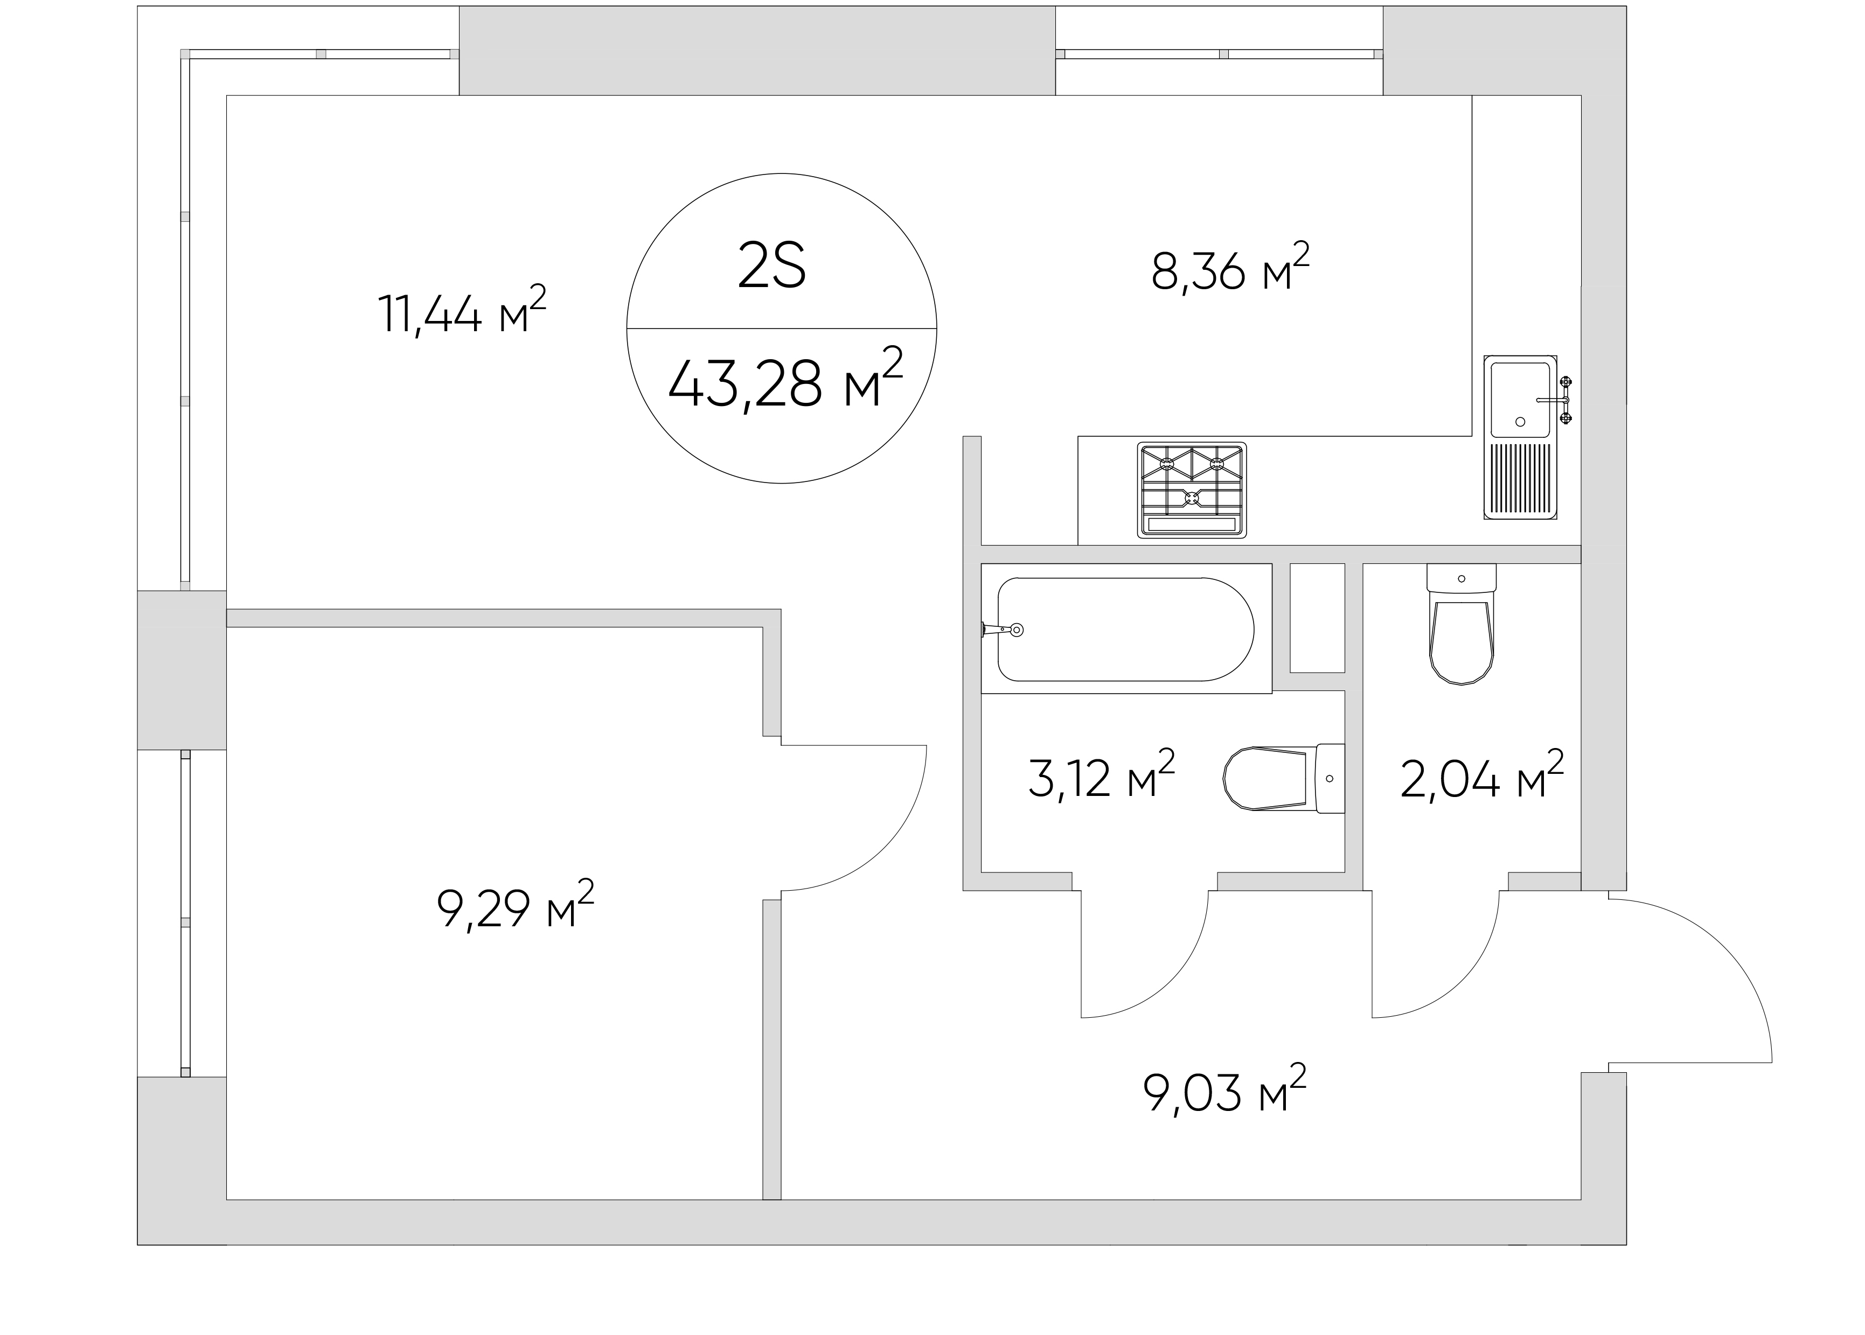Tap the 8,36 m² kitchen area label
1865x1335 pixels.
tap(1230, 267)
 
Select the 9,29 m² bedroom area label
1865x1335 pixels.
tap(516, 904)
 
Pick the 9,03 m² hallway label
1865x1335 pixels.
tap(1224, 1089)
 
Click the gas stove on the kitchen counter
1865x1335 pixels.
tap(1192, 490)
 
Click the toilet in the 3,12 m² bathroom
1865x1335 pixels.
tap(1284, 779)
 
